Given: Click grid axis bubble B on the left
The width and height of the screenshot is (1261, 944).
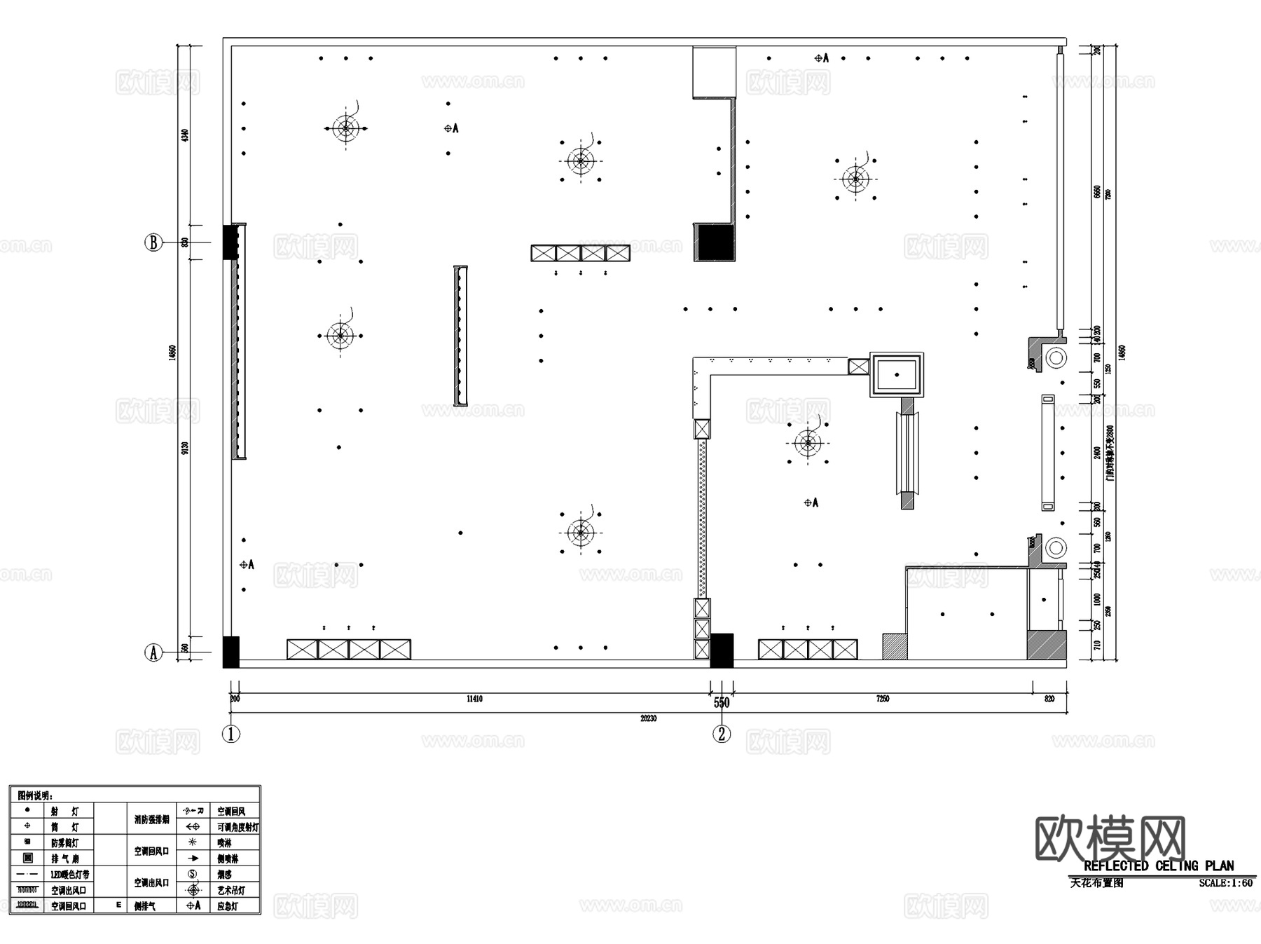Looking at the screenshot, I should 153,242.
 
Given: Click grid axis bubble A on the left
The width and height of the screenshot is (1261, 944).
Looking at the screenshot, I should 153,652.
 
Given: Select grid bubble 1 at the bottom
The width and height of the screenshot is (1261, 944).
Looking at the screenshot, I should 231,734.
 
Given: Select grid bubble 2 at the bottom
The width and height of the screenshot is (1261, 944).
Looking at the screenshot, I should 722,734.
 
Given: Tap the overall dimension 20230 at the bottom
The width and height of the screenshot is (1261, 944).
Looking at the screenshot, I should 648,718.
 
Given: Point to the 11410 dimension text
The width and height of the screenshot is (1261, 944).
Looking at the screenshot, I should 474,699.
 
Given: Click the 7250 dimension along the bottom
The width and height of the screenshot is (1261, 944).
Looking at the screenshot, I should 883,699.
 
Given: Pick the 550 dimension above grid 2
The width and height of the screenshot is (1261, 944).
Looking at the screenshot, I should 722,702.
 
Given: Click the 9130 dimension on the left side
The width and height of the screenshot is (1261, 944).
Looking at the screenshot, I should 185,447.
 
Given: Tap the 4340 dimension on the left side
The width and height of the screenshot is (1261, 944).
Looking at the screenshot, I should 185,135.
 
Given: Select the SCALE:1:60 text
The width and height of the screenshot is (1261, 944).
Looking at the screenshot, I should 1225,883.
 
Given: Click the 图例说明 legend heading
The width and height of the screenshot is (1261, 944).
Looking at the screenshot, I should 35,795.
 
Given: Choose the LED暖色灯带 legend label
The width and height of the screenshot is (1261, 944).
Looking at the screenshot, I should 70,875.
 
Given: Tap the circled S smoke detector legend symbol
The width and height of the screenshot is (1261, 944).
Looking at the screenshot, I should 193,874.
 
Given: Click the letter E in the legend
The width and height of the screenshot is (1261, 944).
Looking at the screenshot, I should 119,905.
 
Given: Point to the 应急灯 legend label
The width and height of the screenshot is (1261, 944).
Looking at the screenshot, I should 228,906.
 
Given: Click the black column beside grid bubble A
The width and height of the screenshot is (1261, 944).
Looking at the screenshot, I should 230,652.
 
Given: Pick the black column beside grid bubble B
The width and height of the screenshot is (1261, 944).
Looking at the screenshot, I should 229,242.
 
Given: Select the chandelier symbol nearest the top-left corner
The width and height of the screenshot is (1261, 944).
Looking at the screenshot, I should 345,128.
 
